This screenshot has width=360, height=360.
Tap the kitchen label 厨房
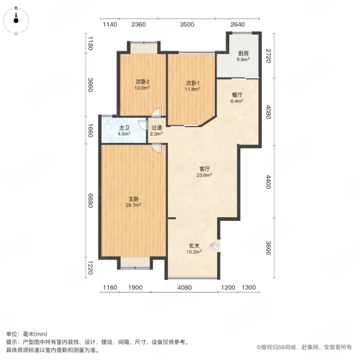(x=242, y=53)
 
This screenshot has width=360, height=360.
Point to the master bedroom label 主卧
(x=133, y=199)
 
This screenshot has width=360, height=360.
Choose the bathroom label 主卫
(x=124, y=128)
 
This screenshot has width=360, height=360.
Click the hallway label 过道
(x=157, y=128)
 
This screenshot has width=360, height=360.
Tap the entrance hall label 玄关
(x=193, y=246)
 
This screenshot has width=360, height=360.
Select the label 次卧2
(x=142, y=83)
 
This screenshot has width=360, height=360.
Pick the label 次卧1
(x=192, y=83)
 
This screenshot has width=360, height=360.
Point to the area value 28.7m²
(x=133, y=205)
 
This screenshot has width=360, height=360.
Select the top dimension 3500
(x=187, y=25)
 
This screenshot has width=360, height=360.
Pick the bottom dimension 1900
(x=136, y=287)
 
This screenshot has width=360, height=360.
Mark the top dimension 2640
(x=238, y=25)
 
